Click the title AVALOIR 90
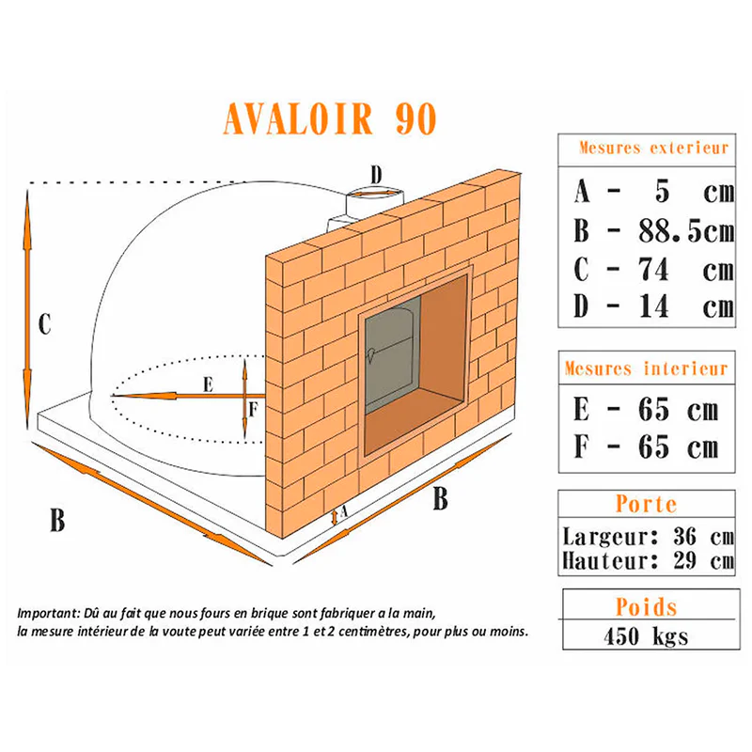[x=330, y=118]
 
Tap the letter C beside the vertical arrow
[x=44, y=324]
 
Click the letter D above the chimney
[x=377, y=175]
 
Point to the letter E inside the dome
[x=208, y=384]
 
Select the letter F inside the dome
[x=254, y=410]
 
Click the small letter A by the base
[x=343, y=512]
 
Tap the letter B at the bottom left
[x=57, y=520]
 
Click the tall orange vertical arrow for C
[x=27, y=309]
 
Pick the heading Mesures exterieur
[x=653, y=148]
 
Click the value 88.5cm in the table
[x=687, y=231]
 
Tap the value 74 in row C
[x=653, y=270]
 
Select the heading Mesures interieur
[x=647, y=368]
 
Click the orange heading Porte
[x=647, y=504]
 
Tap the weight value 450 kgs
[x=647, y=636]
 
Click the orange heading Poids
[x=647, y=607]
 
